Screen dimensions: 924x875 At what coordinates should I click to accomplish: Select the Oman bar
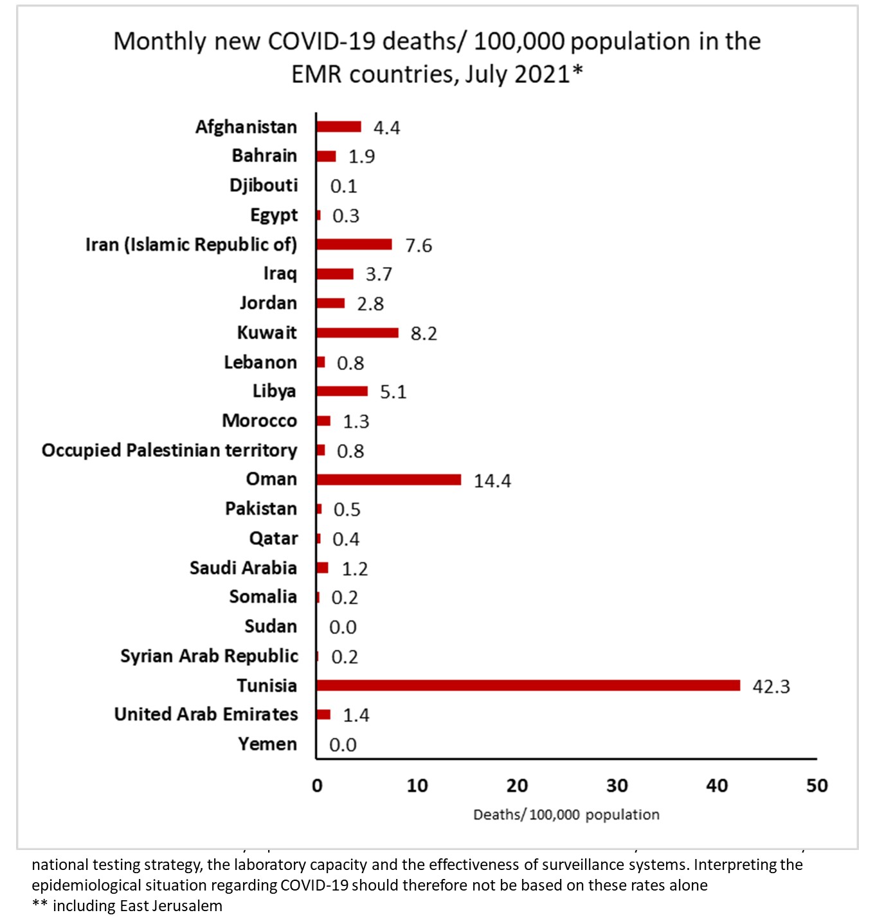[x=388, y=479]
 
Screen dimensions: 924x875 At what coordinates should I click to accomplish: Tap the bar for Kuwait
[x=357, y=333]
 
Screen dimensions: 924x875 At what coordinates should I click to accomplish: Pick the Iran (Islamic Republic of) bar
[x=354, y=245]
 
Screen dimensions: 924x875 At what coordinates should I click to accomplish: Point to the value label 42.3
[x=771, y=687]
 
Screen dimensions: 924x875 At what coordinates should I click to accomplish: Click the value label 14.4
[x=492, y=481]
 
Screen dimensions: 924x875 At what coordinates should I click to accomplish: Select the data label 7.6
[x=419, y=246]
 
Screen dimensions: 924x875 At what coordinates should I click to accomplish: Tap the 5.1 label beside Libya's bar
[x=393, y=392]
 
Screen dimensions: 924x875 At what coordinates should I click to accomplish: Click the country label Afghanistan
[x=246, y=127]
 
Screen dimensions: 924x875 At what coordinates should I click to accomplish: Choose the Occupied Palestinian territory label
[x=170, y=450]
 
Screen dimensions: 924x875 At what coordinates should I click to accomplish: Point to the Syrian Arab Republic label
[x=209, y=656]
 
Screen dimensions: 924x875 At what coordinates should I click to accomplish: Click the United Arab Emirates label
[x=206, y=714]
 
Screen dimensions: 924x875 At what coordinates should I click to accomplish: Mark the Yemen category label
[x=267, y=744]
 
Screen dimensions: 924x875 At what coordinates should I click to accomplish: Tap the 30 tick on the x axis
[x=617, y=786]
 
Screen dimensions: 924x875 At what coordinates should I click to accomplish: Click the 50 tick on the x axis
[x=816, y=786]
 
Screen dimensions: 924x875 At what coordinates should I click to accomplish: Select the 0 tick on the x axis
[x=317, y=786]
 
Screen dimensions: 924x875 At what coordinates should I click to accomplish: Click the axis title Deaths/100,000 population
[x=566, y=815]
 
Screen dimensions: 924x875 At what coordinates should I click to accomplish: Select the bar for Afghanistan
[x=338, y=127]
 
